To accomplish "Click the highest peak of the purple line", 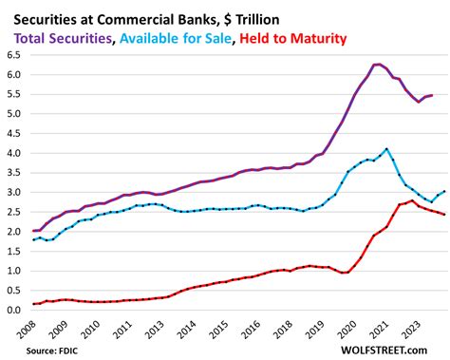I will [379, 65].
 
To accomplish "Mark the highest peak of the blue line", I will [386, 149].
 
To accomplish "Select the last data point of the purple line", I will [433, 95].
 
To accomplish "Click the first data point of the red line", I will [34, 304].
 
